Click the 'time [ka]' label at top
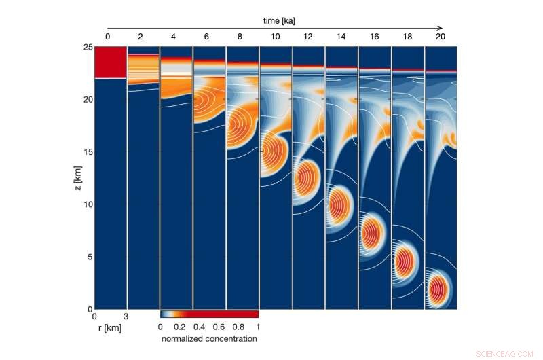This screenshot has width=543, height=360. pos(275,21)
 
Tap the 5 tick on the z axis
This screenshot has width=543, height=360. pos(88,257)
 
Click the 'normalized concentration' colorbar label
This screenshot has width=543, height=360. pos(209,338)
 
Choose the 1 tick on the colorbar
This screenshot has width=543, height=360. pos(258,326)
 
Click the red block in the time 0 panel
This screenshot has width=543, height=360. pos(111,62)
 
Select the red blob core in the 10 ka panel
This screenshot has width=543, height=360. pos(274,151)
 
